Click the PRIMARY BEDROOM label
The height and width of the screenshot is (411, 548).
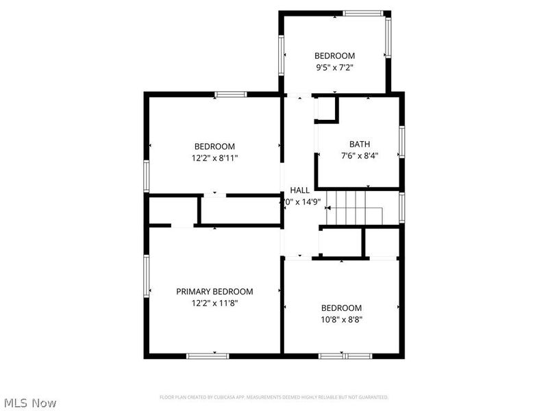coord(214,291)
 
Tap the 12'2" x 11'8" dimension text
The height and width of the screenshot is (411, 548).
coord(214,303)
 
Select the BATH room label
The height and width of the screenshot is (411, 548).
coord(360,144)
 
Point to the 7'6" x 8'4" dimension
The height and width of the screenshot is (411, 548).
coord(360,155)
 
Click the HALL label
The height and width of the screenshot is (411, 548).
coord(299,190)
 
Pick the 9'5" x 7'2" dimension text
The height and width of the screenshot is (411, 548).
coord(334,67)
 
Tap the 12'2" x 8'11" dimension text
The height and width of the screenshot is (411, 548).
coord(214,158)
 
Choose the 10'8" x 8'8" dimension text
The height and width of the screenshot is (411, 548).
coord(341,319)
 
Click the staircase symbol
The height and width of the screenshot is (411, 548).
coord(353,208)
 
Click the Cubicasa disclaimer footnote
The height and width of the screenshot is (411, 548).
coord(274,397)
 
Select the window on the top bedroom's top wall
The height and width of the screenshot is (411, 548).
coord(363,13)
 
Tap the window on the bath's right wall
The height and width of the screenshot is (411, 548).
coord(402,142)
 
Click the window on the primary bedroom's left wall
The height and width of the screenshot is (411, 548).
coord(146,276)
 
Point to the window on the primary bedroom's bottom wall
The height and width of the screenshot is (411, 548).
coord(208,356)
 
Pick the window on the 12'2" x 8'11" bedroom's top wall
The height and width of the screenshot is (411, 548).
coord(230,95)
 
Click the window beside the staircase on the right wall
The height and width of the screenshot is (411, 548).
coord(402,208)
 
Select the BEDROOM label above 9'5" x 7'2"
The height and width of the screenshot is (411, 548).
coord(334,55)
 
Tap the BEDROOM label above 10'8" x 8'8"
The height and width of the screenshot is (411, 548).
coord(341,308)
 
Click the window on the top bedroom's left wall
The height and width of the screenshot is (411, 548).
coord(281,54)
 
